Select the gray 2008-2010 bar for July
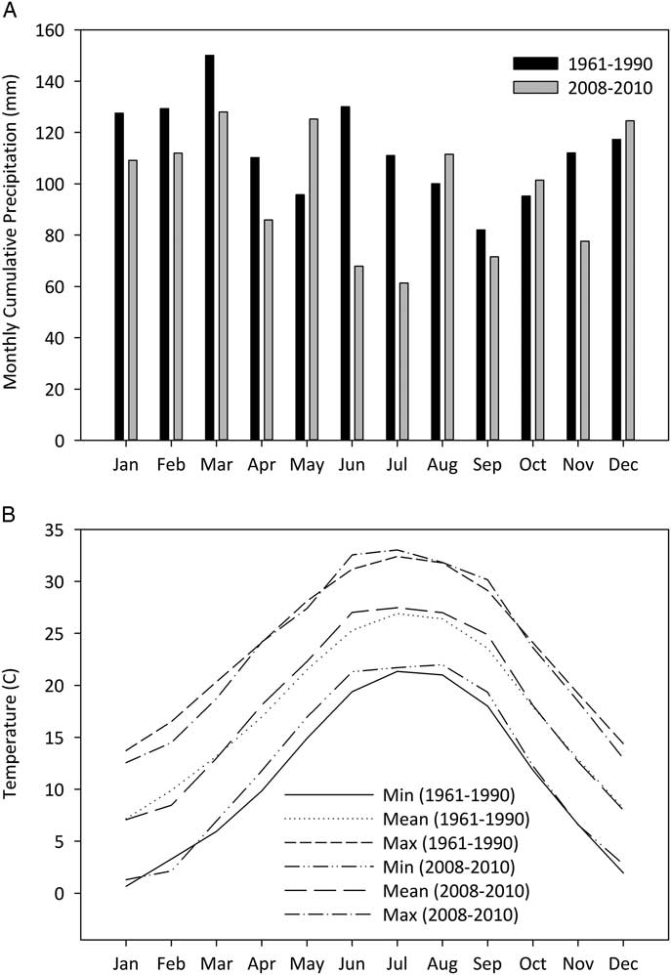[x=403, y=361]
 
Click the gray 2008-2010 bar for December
[x=630, y=280]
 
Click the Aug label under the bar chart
[x=442, y=466]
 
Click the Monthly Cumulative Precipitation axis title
[x=14, y=235]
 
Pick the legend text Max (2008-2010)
[x=463, y=914]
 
